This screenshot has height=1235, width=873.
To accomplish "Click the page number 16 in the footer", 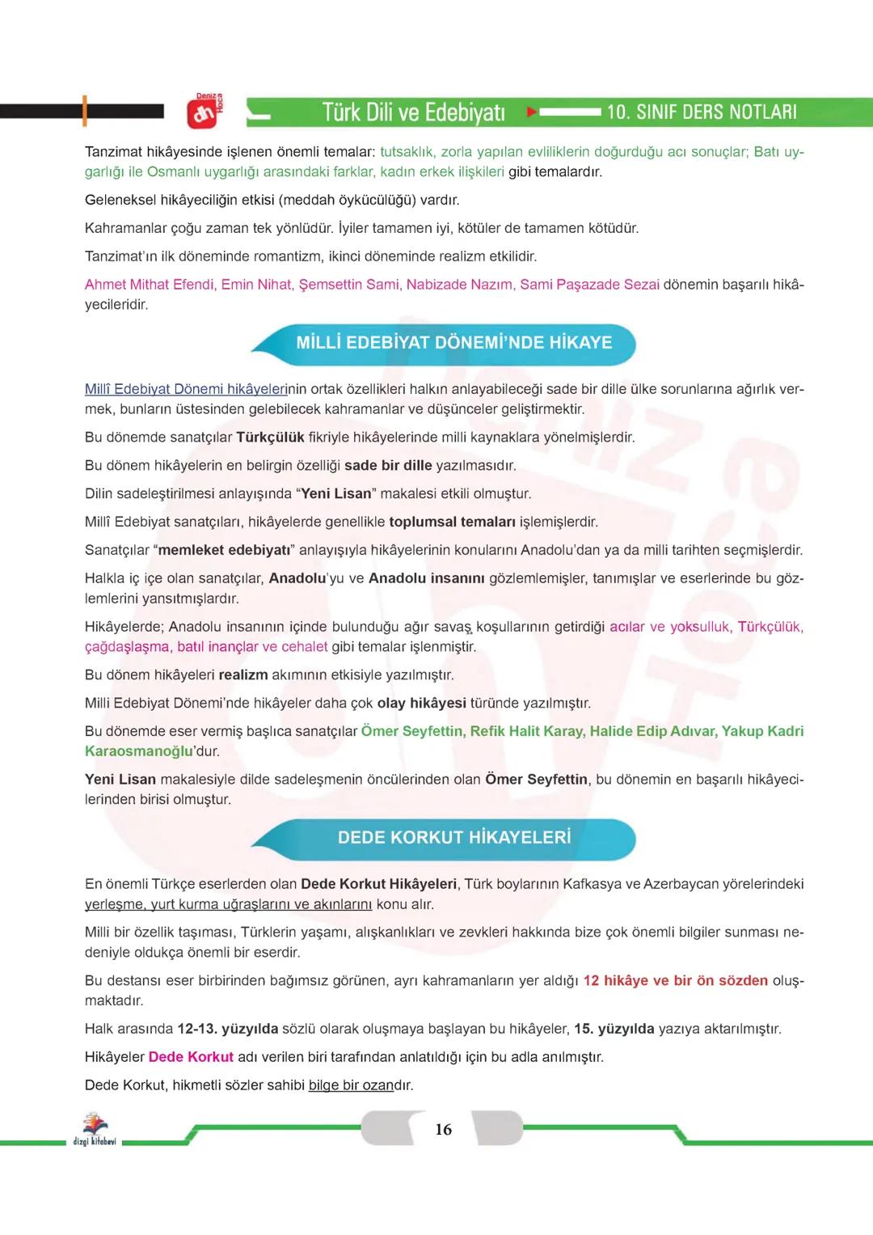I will (x=443, y=1130).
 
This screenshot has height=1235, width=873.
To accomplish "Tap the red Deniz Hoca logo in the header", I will (x=204, y=112).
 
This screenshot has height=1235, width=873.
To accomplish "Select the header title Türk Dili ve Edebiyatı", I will (x=413, y=112).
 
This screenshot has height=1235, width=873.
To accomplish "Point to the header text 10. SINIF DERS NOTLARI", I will (x=702, y=112).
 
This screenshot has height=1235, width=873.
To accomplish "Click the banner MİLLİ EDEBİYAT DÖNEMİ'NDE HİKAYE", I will (x=453, y=343).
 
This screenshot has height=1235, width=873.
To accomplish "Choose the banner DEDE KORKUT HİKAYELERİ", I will (x=453, y=838).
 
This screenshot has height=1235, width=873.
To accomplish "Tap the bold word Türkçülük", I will (x=270, y=438).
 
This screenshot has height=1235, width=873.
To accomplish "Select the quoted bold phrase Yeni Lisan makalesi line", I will (x=335, y=494).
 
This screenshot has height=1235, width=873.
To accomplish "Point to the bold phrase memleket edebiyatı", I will (x=224, y=551).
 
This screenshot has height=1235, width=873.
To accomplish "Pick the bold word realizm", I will (x=242, y=675).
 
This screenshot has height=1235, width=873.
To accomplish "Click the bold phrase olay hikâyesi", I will (x=421, y=704).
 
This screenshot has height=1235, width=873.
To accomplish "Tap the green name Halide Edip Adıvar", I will (x=652, y=731).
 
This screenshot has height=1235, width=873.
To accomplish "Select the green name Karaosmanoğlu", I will (x=138, y=751).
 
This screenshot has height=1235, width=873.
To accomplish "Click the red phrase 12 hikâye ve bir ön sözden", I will (x=675, y=981).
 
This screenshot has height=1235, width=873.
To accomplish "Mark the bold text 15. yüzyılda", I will (x=614, y=1030).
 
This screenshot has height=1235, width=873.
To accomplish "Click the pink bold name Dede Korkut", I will (x=191, y=1057).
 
